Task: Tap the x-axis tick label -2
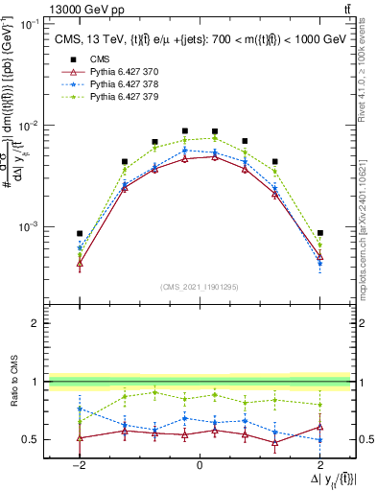(x=79, y=465)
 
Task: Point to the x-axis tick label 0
(x=200, y=465)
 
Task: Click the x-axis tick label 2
(x=320, y=465)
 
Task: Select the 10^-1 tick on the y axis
(x=30, y=23)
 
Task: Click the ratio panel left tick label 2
(x=35, y=324)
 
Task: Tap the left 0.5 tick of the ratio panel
(x=33, y=440)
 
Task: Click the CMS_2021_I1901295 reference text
(x=200, y=287)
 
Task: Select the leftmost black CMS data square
(x=80, y=233)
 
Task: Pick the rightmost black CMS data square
(x=320, y=233)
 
